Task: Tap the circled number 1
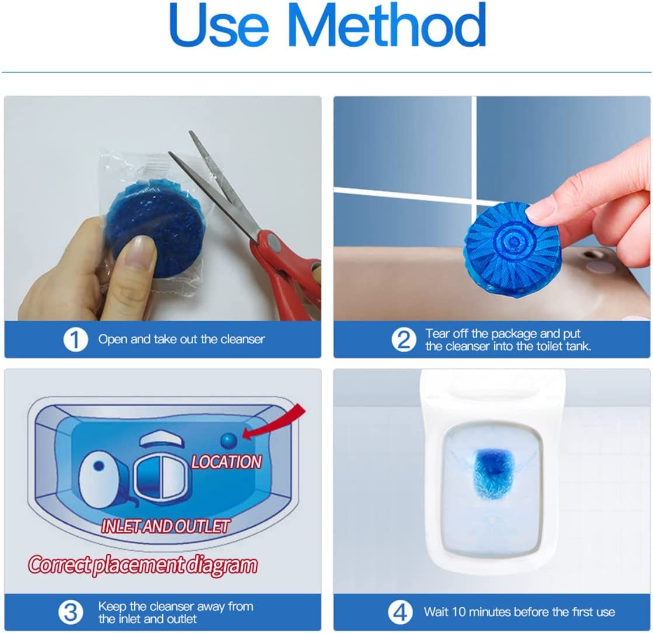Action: coord(75,339)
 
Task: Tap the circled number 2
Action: coord(403,339)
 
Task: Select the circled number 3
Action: coord(71,612)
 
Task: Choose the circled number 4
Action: coord(400,612)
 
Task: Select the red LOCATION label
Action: coord(226,462)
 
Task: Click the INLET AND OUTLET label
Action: coord(165,526)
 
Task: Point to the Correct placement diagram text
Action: coord(143,565)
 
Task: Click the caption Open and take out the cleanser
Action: coord(181,339)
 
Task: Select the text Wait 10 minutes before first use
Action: coord(519,612)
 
